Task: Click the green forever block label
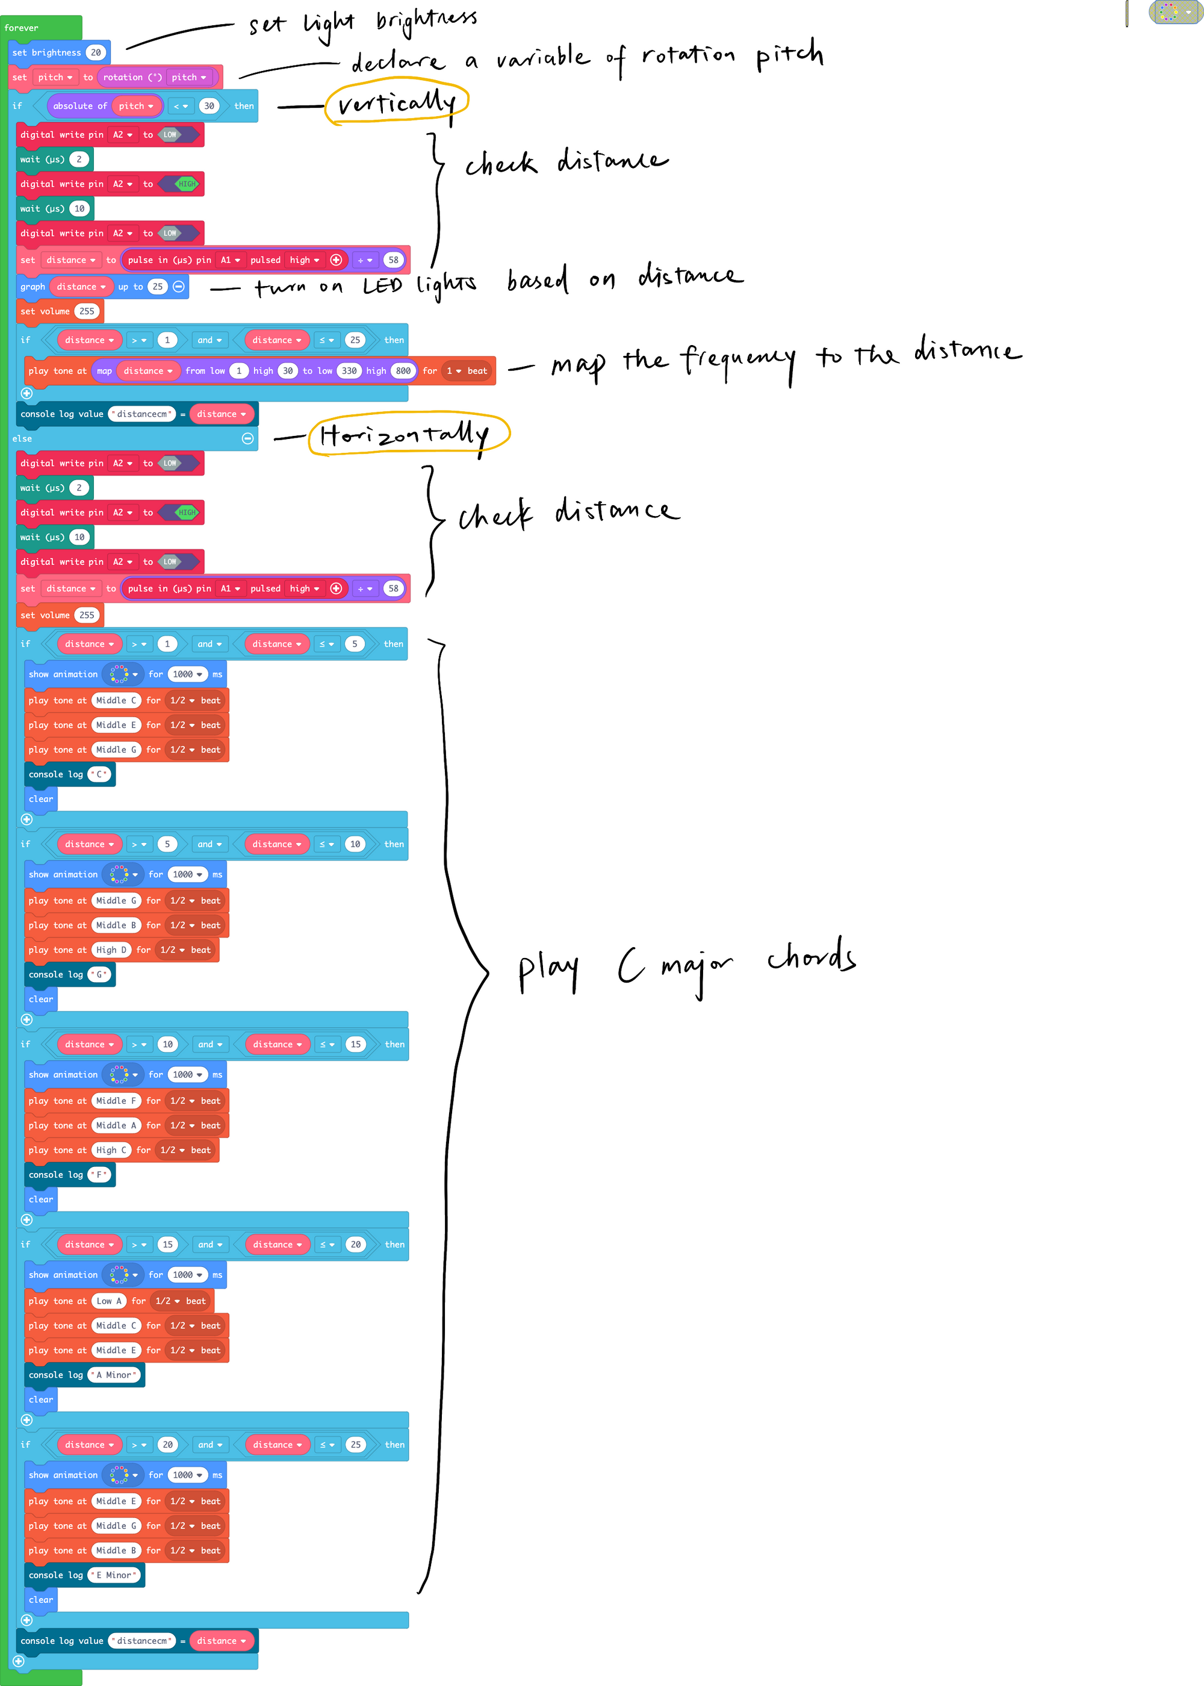pos(22,28)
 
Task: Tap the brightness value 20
pos(96,52)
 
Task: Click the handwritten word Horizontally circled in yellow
pos(406,435)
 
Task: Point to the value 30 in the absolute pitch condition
pos(209,106)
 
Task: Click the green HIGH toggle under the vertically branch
pos(186,184)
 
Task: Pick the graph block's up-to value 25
pos(157,287)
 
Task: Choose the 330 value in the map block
pos(349,371)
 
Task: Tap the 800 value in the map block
pos(403,371)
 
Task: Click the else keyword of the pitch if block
pos(22,439)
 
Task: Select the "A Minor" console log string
pos(116,1375)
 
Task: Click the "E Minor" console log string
pos(116,1575)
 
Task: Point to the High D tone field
pos(111,950)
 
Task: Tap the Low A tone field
pos(109,1301)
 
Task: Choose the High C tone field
pos(111,1150)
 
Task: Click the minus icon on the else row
pos(247,439)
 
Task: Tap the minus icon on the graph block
pos(179,287)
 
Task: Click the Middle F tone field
pos(116,1101)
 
